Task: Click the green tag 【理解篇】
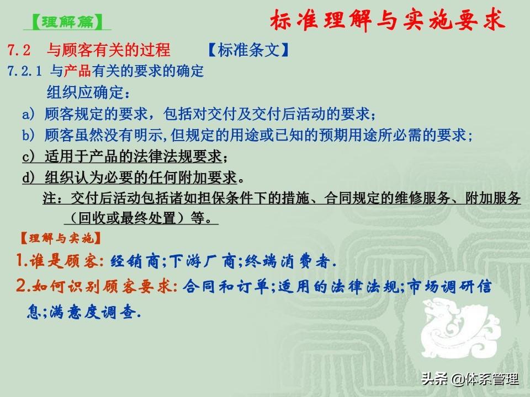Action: pos(67,22)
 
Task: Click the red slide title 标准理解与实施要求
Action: pos(388,20)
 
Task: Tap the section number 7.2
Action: pos(19,50)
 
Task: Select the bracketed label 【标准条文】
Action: pos(248,50)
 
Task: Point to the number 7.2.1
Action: pos(25,71)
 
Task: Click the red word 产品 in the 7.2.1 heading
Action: pos(77,71)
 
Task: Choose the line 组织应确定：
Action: pos(88,92)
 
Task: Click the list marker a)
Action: pos(28,114)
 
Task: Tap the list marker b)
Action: pos(28,135)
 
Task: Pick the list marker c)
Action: pos(28,156)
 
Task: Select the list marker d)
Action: pos(28,178)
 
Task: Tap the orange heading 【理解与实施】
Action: pos(61,238)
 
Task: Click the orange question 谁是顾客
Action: pos(63,261)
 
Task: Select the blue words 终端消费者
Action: pos(287,261)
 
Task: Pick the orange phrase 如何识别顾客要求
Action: pos(103,287)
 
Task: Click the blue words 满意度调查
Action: pos(93,312)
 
